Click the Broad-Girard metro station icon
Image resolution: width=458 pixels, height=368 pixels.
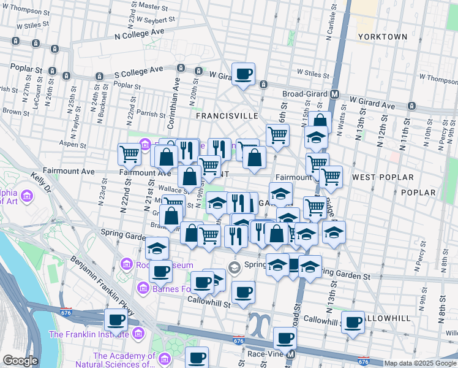tap(335, 94)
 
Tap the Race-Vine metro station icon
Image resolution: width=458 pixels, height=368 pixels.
tap(291, 355)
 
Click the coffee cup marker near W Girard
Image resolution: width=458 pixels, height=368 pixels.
tap(243, 74)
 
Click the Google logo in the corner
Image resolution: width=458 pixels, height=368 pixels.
tap(20, 361)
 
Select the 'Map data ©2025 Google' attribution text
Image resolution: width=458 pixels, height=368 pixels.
tap(421, 364)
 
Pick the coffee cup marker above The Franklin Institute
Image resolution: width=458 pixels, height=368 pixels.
tap(116, 319)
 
